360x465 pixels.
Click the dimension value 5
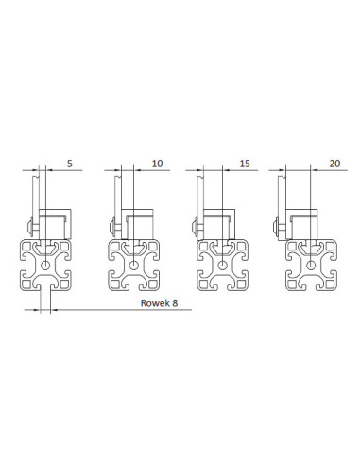tap(70, 164)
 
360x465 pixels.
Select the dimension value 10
tap(157, 164)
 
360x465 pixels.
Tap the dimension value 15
tap(245, 164)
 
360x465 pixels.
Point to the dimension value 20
tap(334, 164)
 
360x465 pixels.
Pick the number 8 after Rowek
tap(175, 303)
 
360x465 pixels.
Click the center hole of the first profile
tap(45, 265)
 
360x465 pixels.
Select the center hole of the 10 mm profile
tap(134, 265)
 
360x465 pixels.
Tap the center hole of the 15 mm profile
tap(223, 265)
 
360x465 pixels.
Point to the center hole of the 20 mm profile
tap(311, 265)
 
